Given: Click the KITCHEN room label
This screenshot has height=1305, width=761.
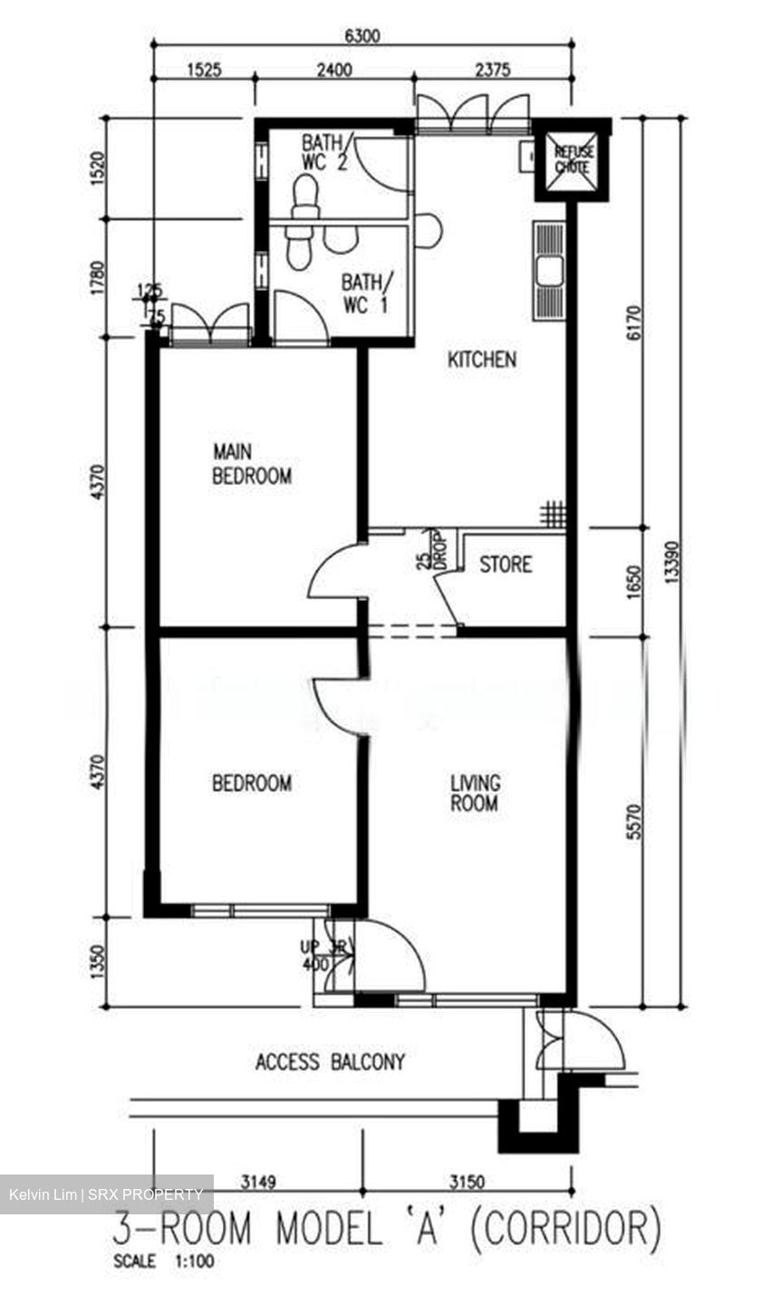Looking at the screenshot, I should [x=482, y=360].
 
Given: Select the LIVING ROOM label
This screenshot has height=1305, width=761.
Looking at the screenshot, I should [x=475, y=792].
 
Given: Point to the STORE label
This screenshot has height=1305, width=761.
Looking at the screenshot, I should [x=506, y=565].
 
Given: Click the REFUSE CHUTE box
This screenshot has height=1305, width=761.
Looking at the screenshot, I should [x=573, y=159].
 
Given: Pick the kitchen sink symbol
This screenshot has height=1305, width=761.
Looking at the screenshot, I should [x=548, y=271].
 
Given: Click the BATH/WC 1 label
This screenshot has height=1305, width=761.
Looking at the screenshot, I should [x=364, y=293].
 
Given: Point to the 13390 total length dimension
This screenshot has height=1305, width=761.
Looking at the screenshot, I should [x=671, y=562].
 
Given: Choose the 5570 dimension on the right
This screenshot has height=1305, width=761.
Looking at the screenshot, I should [x=633, y=820].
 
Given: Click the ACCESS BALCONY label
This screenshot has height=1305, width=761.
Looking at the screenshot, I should [x=330, y=1061].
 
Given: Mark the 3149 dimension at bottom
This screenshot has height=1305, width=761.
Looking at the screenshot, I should [x=259, y=1181].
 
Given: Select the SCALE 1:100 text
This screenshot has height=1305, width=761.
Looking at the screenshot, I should [x=164, y=1261].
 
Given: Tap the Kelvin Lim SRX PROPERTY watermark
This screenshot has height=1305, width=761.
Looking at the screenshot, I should [x=106, y=1194].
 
